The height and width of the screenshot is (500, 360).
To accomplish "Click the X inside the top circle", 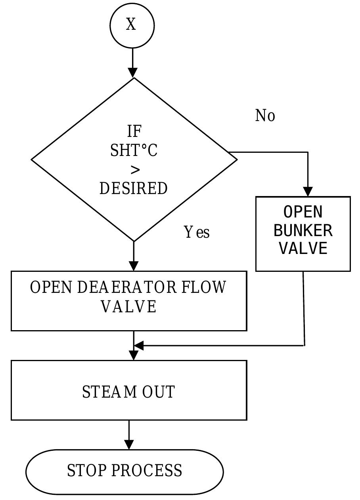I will click(x=131, y=25).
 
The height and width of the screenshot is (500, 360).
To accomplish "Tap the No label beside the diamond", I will click(x=265, y=116).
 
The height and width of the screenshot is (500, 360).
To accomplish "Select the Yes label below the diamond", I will click(x=197, y=232).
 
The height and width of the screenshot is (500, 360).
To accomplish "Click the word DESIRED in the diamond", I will click(x=134, y=188).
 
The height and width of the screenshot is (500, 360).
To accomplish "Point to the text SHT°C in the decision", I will click(x=134, y=151).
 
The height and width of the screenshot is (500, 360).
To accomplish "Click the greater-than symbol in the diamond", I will click(x=135, y=170).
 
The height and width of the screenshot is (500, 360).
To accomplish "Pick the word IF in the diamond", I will click(x=134, y=131).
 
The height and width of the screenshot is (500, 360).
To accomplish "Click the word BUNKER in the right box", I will click(x=303, y=231).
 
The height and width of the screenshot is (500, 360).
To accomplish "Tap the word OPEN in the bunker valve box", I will click(x=303, y=212).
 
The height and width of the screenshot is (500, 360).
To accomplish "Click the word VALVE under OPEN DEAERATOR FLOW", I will click(x=129, y=307).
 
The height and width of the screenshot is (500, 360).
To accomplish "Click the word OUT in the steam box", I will click(x=159, y=392).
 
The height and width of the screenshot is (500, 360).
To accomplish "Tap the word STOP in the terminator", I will click(x=87, y=471).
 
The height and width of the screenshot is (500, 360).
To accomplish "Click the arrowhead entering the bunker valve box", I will click(x=308, y=192).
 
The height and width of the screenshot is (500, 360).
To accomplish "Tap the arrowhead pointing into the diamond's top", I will click(x=133, y=73).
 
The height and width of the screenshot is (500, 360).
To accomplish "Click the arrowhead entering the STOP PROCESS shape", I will click(x=129, y=444).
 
